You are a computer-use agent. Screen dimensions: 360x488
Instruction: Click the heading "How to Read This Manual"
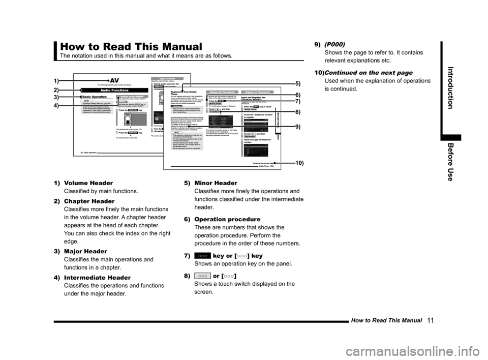(131, 47)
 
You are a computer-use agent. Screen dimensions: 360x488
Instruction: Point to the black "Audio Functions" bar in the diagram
(114, 90)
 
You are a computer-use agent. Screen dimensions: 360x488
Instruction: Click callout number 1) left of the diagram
(54, 81)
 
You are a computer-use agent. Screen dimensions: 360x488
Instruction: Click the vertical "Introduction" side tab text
(451, 87)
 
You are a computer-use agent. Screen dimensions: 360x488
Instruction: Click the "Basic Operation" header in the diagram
(95, 96)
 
